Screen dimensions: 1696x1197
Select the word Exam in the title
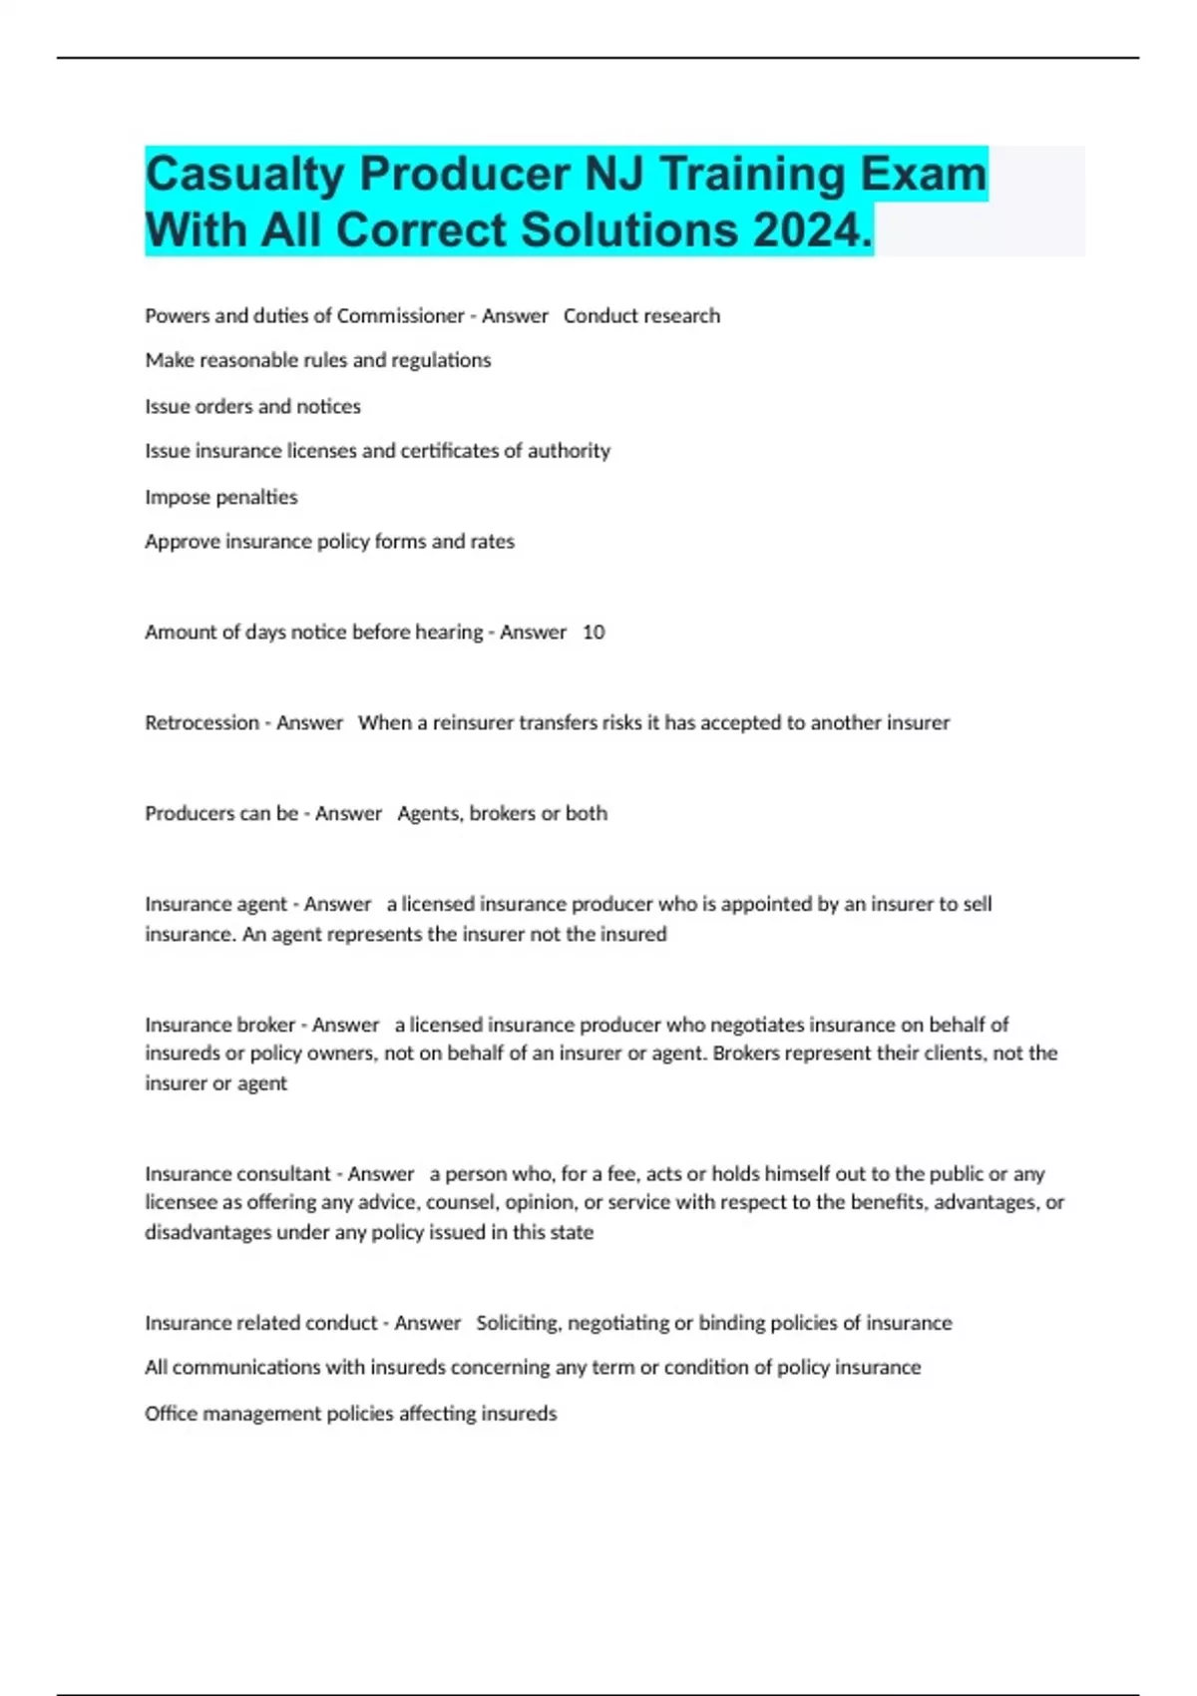click(x=924, y=175)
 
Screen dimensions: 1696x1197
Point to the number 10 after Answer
click(x=594, y=633)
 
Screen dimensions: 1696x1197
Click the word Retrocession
click(x=201, y=723)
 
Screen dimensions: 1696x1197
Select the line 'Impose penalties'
click(x=221, y=497)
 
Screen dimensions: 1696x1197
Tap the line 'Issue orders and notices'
click(x=252, y=407)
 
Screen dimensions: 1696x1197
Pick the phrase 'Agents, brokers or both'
click(x=502, y=814)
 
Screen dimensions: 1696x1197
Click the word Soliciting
click(x=518, y=1323)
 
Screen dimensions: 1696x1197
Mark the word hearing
click(x=448, y=633)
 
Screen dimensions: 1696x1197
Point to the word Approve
click(x=180, y=542)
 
